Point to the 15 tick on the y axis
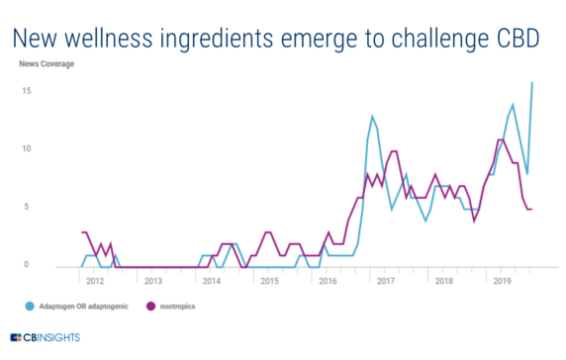tap(29, 91)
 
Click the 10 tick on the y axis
tap(29, 149)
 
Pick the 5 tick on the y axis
tap(31, 207)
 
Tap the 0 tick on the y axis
tap(31, 265)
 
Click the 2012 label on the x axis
tap(95, 281)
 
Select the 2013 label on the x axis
tap(153, 281)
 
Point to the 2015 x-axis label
tap(270, 281)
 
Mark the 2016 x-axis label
tap(329, 281)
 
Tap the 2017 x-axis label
tap(387, 281)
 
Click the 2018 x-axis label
tap(444, 281)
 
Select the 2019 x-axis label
tap(503, 281)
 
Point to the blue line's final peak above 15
tap(533, 82)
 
